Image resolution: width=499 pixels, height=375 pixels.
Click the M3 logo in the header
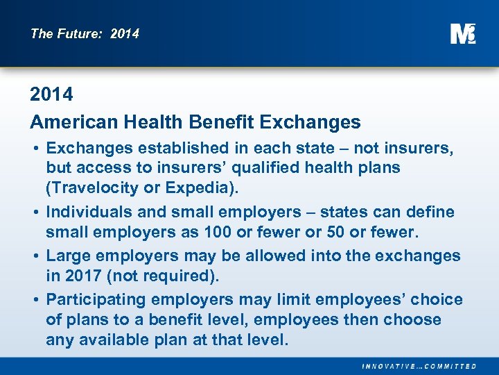pyautogui.click(x=462, y=33)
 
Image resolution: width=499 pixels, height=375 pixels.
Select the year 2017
pyautogui.click(x=84, y=276)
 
